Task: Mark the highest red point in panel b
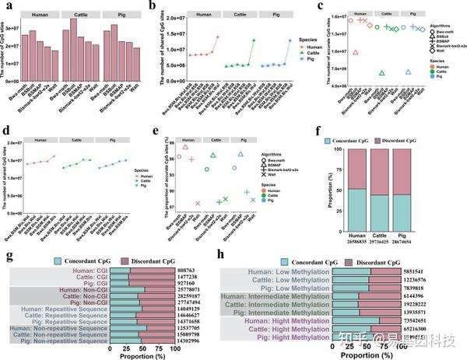pyautogui.click(x=216, y=37)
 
